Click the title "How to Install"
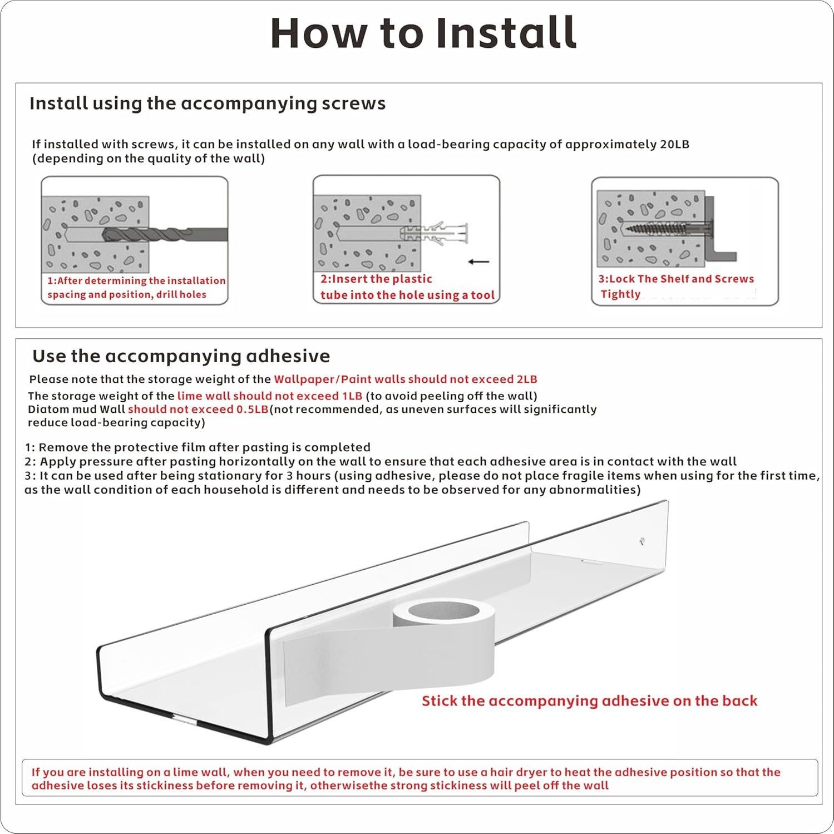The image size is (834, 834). [423, 33]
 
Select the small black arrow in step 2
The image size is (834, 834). [478, 261]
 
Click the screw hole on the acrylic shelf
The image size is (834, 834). [642, 540]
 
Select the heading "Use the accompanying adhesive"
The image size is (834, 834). [181, 356]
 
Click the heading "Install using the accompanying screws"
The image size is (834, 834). [207, 103]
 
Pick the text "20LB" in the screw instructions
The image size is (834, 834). [674, 145]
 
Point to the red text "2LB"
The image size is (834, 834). [526, 379]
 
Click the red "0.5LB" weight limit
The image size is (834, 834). [253, 409]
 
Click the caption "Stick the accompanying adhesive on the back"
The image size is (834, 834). [589, 701]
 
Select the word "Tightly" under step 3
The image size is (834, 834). [620, 294]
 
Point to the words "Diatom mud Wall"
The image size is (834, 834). [76, 409]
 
